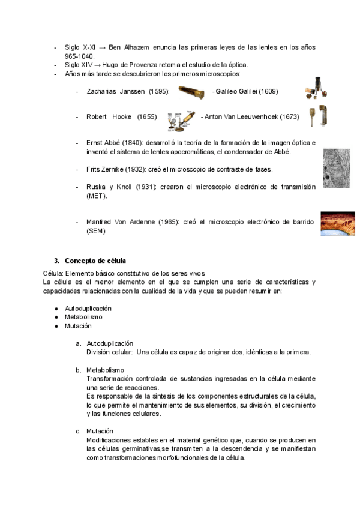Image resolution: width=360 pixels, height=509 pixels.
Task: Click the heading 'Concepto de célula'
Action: click(x=96, y=261)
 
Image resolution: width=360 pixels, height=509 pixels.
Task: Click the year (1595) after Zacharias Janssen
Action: click(x=159, y=91)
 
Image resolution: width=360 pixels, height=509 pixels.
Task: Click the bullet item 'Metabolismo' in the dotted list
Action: click(x=83, y=317)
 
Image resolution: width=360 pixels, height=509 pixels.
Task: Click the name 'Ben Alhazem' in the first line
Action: click(x=128, y=47)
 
